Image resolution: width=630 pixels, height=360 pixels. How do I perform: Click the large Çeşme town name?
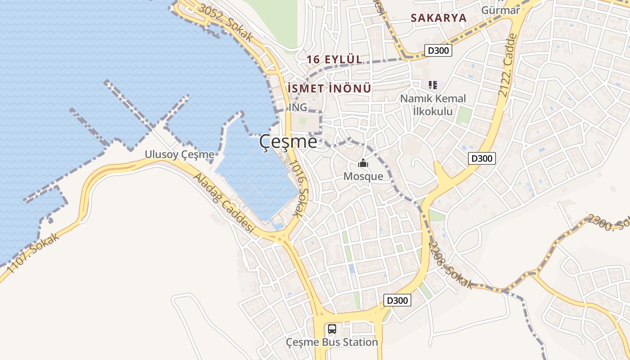click(x=288, y=142)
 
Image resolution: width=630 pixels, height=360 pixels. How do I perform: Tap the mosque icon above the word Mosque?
click(x=363, y=163)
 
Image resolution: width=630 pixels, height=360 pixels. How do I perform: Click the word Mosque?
click(x=363, y=176)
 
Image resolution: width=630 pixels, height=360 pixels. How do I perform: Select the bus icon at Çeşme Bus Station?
click(x=332, y=329)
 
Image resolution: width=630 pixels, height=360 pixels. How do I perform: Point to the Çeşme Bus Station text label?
click(x=332, y=342)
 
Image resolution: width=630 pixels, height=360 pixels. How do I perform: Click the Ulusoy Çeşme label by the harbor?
click(x=179, y=155)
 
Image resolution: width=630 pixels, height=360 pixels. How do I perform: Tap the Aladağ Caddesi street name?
click(x=224, y=203)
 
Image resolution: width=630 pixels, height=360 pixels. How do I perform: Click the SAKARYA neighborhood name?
click(x=438, y=18)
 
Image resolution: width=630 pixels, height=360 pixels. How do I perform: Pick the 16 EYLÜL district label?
click(x=334, y=59)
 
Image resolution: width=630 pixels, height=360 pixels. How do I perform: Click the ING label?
click(x=298, y=107)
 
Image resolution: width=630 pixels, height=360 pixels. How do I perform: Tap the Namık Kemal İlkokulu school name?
click(x=433, y=104)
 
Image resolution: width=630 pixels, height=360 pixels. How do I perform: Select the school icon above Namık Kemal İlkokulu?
click(x=433, y=85)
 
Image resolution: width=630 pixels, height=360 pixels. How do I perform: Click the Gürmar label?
click(x=500, y=10)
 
